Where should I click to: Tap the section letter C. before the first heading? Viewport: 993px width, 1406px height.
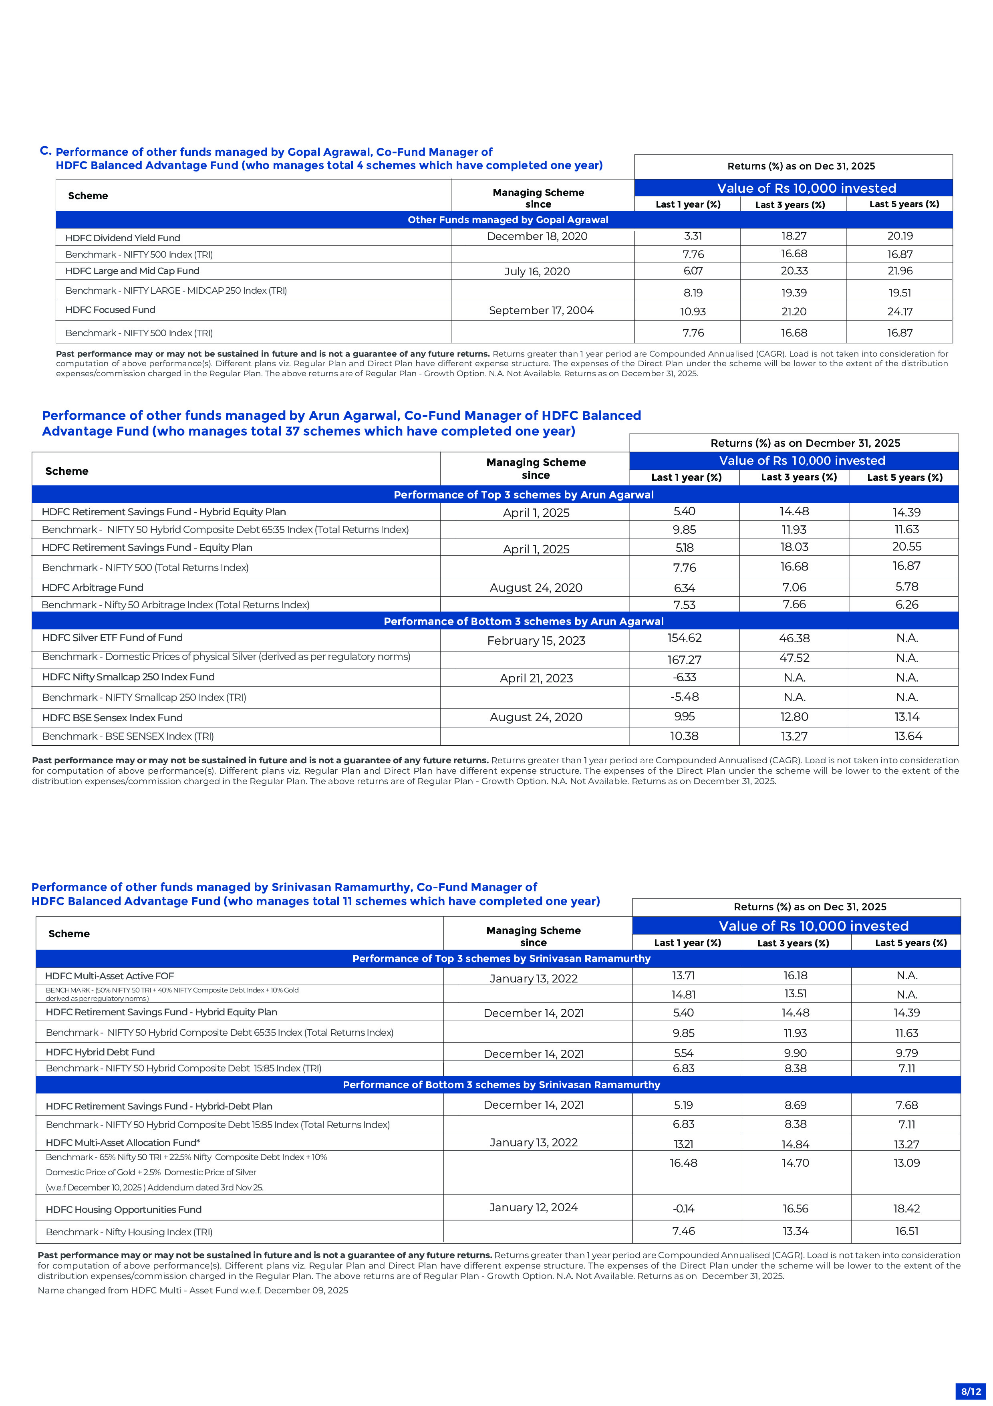[45, 151]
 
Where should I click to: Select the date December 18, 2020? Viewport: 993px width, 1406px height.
[537, 236]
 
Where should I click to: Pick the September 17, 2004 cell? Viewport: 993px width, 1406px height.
[541, 311]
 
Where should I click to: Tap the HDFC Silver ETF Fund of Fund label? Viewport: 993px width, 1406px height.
[112, 637]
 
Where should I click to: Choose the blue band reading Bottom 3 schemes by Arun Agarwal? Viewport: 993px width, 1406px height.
[524, 621]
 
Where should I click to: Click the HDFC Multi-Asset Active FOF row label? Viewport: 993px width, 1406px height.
[110, 976]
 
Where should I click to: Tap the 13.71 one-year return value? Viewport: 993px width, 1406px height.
[683, 976]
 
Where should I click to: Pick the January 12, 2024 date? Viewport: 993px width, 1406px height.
[533, 1207]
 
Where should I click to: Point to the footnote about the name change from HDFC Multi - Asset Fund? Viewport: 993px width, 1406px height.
[193, 1290]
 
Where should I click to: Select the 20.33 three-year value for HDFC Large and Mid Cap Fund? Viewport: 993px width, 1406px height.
[794, 271]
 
